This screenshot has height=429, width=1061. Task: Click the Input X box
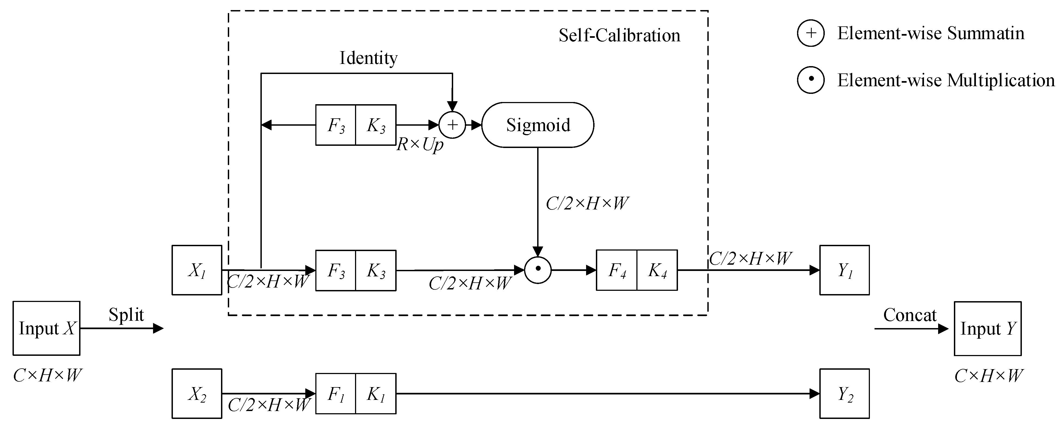tap(46, 328)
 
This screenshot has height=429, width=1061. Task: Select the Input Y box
tap(988, 328)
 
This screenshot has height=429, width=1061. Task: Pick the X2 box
tap(197, 394)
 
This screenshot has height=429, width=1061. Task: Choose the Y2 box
tap(844, 394)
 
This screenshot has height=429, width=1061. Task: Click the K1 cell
tap(376, 394)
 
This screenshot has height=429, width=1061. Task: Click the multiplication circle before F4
tap(537, 270)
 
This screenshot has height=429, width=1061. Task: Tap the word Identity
tap(368, 58)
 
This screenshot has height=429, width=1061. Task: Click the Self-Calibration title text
tap(619, 35)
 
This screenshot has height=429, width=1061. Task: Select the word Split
tap(126, 315)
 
